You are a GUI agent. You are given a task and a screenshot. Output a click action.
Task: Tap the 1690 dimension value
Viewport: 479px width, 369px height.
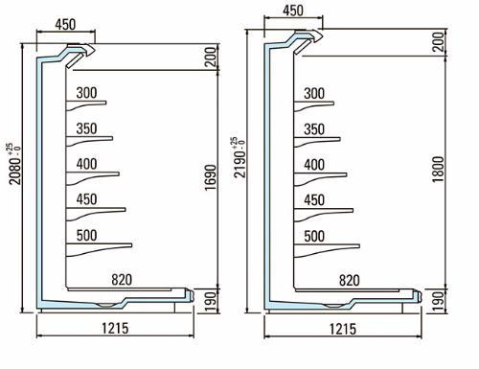(211, 177)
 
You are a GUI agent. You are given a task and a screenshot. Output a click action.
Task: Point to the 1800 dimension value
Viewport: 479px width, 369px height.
(438, 170)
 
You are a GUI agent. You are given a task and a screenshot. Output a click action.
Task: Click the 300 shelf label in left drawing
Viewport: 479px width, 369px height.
(86, 93)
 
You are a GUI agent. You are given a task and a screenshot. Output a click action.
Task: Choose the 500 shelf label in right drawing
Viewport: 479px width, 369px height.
(314, 237)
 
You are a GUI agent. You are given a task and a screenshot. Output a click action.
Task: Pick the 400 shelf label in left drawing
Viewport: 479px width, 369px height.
(86, 164)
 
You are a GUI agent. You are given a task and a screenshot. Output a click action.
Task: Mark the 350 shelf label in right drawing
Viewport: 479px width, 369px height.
(314, 129)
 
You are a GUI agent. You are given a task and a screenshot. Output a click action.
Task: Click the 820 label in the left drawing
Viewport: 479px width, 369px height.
(122, 280)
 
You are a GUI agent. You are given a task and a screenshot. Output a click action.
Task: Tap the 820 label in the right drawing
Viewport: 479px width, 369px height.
(350, 281)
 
